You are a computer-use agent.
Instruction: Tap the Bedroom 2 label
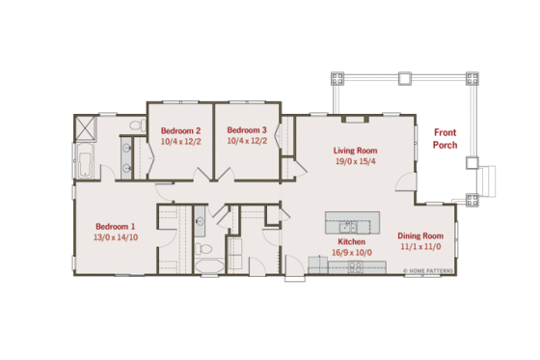(180, 130)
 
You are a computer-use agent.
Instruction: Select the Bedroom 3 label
(246, 130)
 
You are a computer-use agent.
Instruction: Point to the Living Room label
(355, 151)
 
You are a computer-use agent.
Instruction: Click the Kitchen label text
(351, 241)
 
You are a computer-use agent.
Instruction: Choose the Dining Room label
(420, 235)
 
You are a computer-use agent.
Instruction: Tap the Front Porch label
(445, 139)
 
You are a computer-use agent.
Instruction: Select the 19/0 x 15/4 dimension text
(355, 161)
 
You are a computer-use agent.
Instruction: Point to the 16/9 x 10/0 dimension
(351, 252)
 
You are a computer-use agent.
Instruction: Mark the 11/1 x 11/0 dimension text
(420, 246)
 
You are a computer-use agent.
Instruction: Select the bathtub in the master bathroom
(84, 165)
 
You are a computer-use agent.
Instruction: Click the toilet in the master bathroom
(136, 126)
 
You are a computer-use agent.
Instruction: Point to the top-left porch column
(336, 77)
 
